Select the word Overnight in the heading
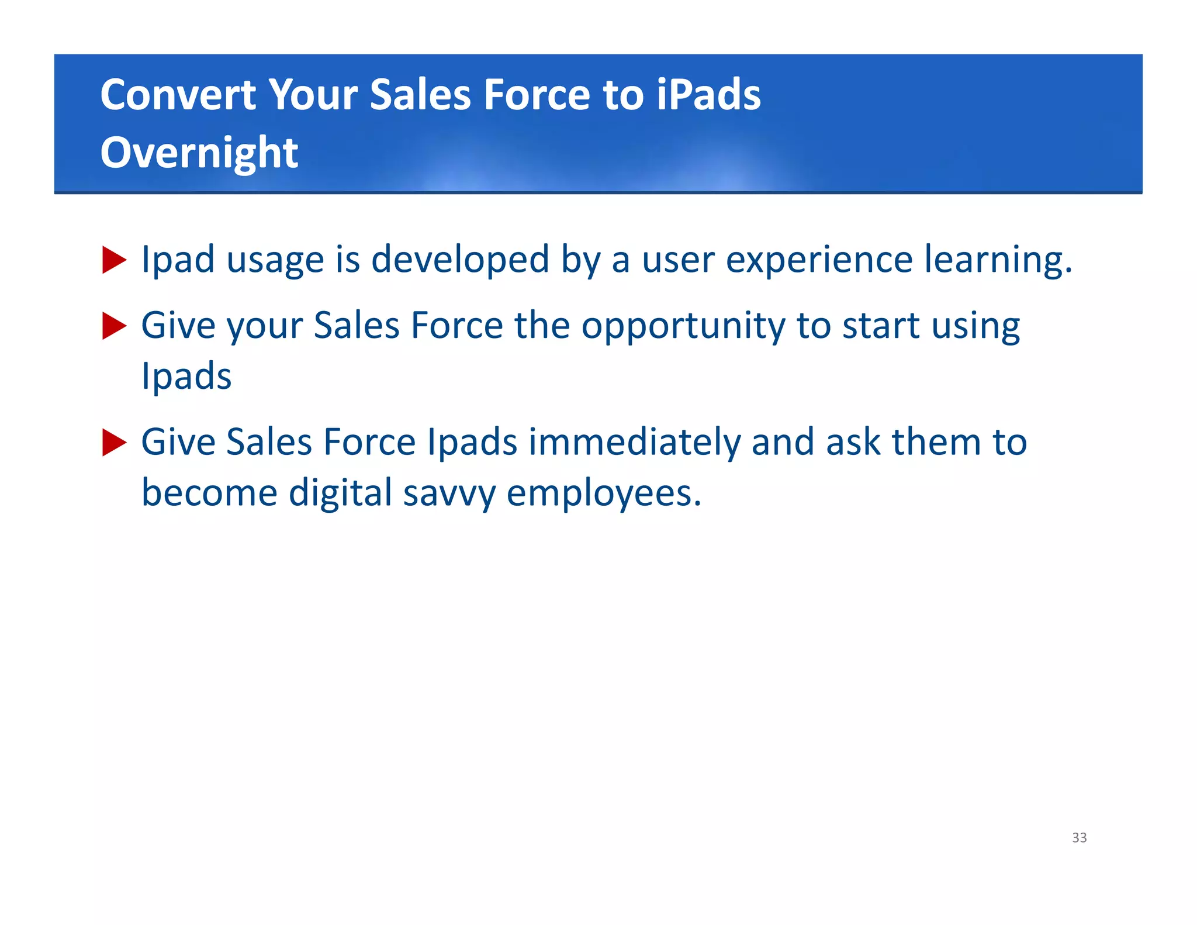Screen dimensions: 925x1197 [199, 153]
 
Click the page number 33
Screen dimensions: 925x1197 [1079, 837]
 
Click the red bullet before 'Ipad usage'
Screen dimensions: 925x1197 [114, 260]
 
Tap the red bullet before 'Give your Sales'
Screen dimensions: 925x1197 [114, 326]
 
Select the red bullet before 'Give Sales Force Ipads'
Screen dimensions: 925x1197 [114, 442]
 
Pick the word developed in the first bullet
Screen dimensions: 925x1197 [460, 260]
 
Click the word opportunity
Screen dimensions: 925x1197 [683, 326]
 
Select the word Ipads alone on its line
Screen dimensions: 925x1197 [186, 376]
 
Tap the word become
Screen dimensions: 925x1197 [209, 493]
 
